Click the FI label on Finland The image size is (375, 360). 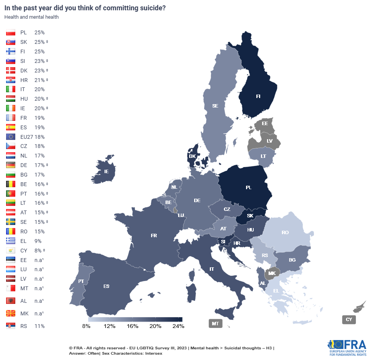258,96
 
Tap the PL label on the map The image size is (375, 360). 249,188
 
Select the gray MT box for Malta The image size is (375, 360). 216,324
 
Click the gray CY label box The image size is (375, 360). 349,319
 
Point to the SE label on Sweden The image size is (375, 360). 215,106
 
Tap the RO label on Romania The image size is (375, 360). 285,232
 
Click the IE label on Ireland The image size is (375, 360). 106,172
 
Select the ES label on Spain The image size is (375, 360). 106,286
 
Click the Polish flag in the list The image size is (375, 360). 11,33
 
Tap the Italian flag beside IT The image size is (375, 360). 11,89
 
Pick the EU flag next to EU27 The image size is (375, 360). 11,137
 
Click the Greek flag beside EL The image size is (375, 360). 11,241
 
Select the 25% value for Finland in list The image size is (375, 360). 39,51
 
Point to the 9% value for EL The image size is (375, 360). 38,241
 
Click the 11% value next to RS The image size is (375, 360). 39,326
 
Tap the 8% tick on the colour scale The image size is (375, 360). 86,326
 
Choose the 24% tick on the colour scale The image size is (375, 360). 178,326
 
